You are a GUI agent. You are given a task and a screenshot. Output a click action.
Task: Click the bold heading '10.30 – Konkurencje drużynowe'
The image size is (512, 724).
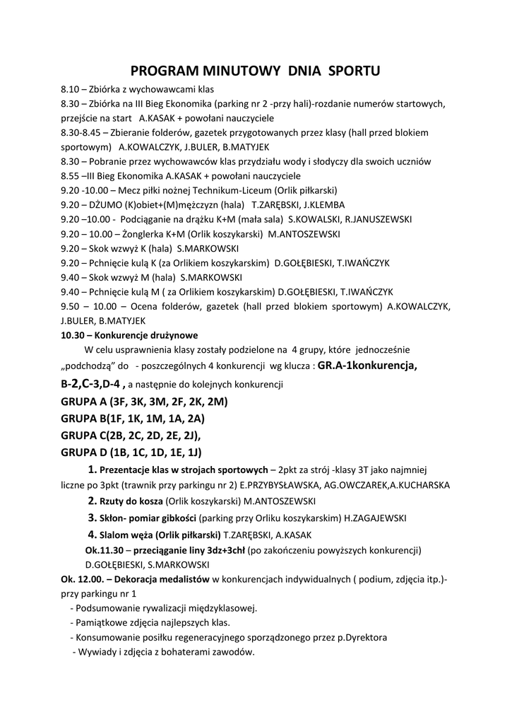(130, 335)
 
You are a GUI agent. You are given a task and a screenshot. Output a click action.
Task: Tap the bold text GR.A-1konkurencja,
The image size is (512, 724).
(368, 366)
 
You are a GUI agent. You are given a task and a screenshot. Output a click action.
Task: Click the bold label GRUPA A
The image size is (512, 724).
(83, 402)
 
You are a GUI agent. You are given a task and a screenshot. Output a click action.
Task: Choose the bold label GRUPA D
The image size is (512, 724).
(83, 451)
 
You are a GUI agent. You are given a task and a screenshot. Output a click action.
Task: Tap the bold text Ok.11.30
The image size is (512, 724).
(105, 550)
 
